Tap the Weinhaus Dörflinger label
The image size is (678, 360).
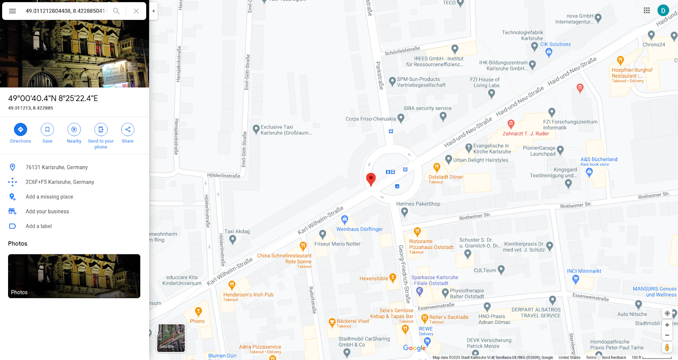[359, 229]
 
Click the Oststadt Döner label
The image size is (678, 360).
[445, 177]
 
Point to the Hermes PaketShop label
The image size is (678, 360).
[418, 204]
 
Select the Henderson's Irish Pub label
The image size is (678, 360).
[248, 295]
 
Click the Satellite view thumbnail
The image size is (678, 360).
[171, 338]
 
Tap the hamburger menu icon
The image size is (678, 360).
[12, 11]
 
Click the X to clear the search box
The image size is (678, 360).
[136, 11]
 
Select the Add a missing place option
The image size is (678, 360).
[49, 197]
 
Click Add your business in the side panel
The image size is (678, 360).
[47, 212]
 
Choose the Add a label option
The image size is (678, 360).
[39, 226]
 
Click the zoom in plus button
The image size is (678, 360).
[667, 325]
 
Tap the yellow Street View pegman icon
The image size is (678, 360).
[667, 347]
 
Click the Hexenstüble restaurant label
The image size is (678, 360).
[374, 279]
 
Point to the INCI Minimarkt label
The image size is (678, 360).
[584, 271]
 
